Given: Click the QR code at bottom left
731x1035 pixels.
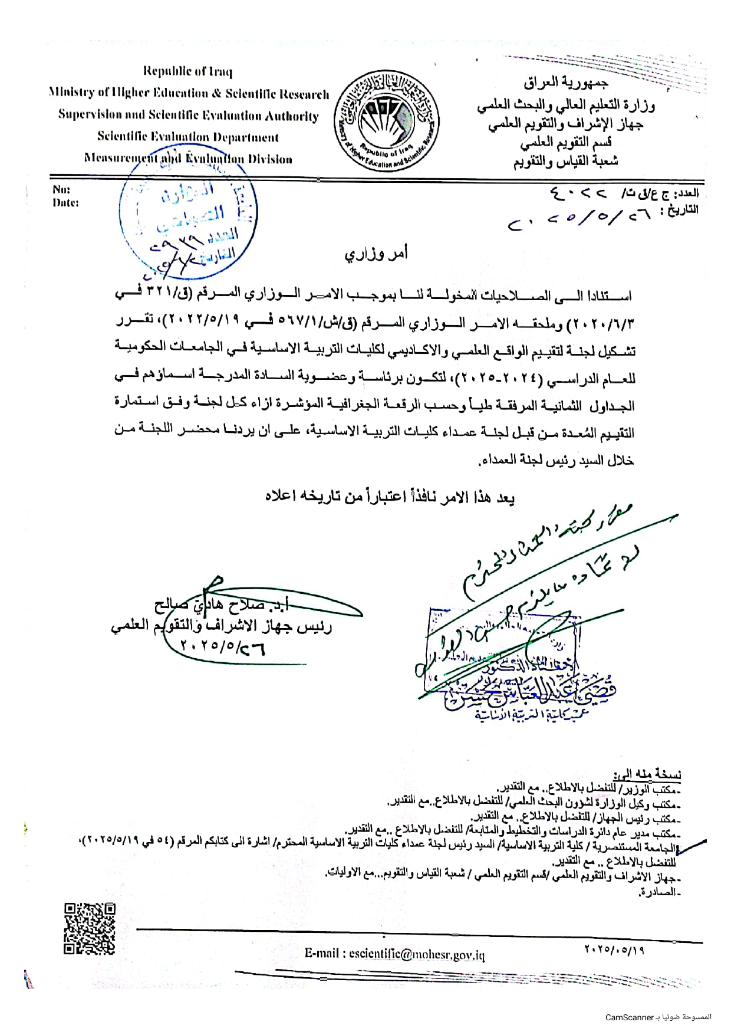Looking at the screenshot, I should [89, 928].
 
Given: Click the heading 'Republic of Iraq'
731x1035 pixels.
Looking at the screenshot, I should [187, 72].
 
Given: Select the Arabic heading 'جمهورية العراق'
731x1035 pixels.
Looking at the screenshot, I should [566, 82].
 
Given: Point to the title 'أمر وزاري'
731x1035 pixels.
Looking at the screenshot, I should [376, 254].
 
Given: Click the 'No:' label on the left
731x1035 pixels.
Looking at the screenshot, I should [61, 190].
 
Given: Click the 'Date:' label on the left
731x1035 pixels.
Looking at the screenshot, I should [65, 203].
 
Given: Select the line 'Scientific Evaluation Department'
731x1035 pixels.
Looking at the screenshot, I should [187, 137].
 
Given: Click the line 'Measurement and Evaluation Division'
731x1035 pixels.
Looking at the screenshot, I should [187, 159].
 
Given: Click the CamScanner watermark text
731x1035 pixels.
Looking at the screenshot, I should [658, 1017].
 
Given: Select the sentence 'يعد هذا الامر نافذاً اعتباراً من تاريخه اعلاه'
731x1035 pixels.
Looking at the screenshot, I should [390, 497].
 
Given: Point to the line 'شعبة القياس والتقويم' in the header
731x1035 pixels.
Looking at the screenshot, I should [565, 161].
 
